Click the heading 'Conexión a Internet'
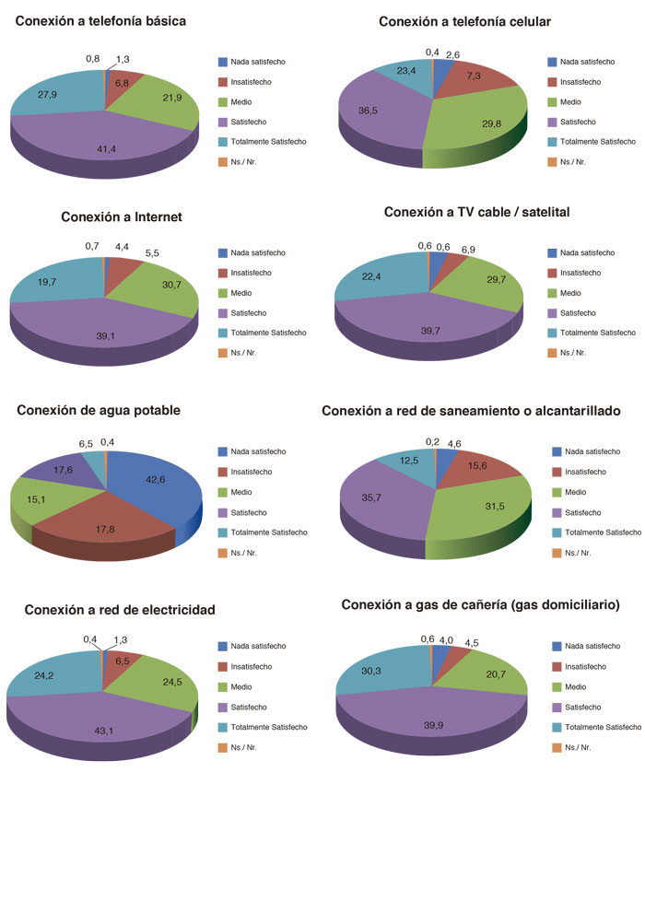122,217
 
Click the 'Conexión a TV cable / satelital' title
477,212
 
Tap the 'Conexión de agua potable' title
99,410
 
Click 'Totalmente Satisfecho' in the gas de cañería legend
602,727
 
